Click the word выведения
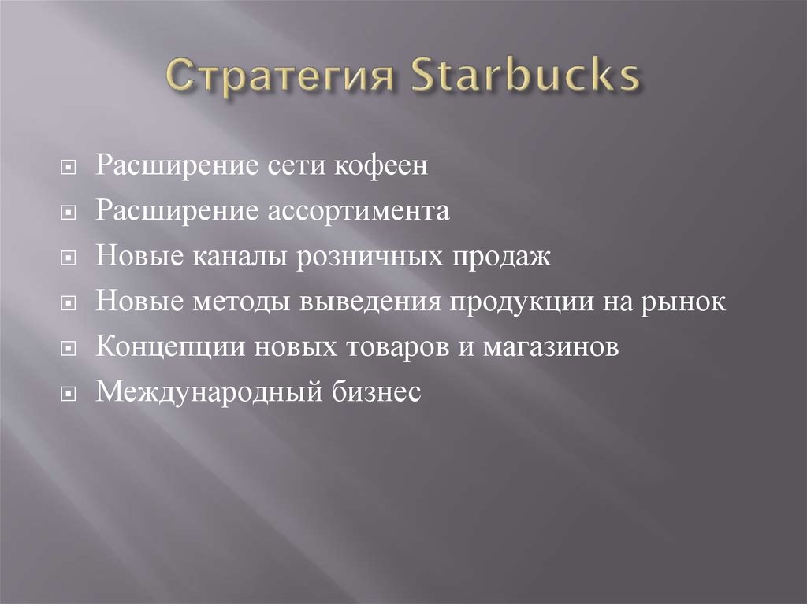pyautogui.click(x=350, y=303)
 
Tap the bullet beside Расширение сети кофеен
pyautogui.click(x=71, y=169)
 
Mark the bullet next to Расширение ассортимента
pyautogui.click(x=71, y=213)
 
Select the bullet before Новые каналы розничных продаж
pyautogui.click(x=71, y=258)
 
